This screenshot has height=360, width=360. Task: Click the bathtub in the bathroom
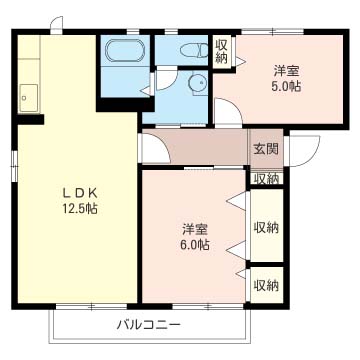(x=125, y=53)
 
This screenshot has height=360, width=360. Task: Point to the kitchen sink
(x=27, y=97)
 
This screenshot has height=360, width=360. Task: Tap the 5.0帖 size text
(x=288, y=86)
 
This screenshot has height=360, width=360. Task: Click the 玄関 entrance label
(x=265, y=149)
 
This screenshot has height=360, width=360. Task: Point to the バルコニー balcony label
(x=148, y=324)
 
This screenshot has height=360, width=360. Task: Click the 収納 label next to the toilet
(x=221, y=50)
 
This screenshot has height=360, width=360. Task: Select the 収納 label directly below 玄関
(x=265, y=178)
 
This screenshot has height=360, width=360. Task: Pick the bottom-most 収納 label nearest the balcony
(x=265, y=285)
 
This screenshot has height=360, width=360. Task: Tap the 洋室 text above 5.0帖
(x=288, y=70)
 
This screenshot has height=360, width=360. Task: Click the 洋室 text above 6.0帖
(x=194, y=227)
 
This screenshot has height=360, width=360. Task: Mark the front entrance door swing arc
(x=305, y=152)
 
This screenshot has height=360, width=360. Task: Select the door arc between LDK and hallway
(x=153, y=150)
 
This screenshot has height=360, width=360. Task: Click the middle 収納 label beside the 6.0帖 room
(x=265, y=227)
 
